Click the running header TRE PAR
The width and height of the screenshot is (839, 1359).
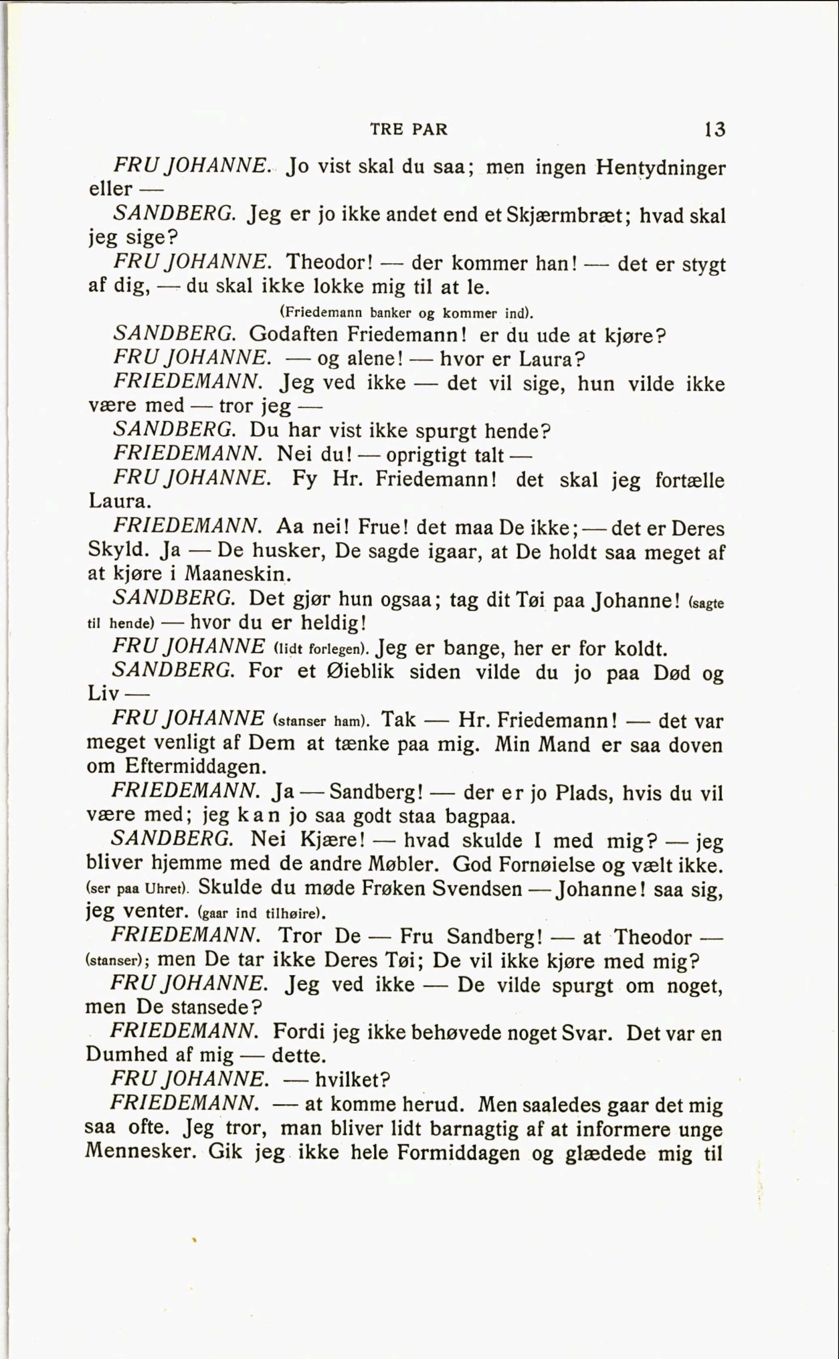click(x=408, y=129)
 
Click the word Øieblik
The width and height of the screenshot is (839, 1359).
click(x=361, y=671)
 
